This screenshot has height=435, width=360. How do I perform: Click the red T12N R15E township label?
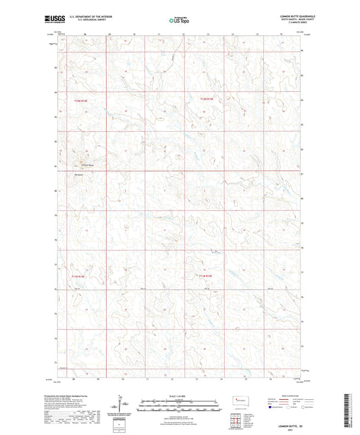pyautogui.click(x=206, y=99)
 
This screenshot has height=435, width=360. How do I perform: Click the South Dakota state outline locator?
pyautogui.click(x=242, y=400)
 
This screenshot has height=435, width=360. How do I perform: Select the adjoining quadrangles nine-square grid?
pyautogui.click(x=234, y=419)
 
